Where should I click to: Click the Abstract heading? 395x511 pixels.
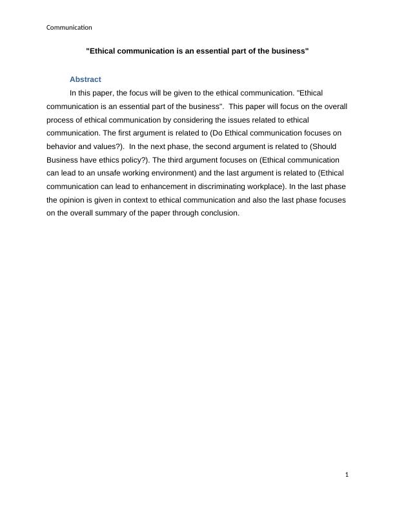(x=85, y=79)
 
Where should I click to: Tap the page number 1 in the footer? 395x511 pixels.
(x=347, y=476)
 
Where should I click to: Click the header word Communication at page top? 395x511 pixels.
(x=70, y=27)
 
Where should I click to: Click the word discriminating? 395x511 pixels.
(x=217, y=187)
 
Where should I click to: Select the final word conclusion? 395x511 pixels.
(x=218, y=214)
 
